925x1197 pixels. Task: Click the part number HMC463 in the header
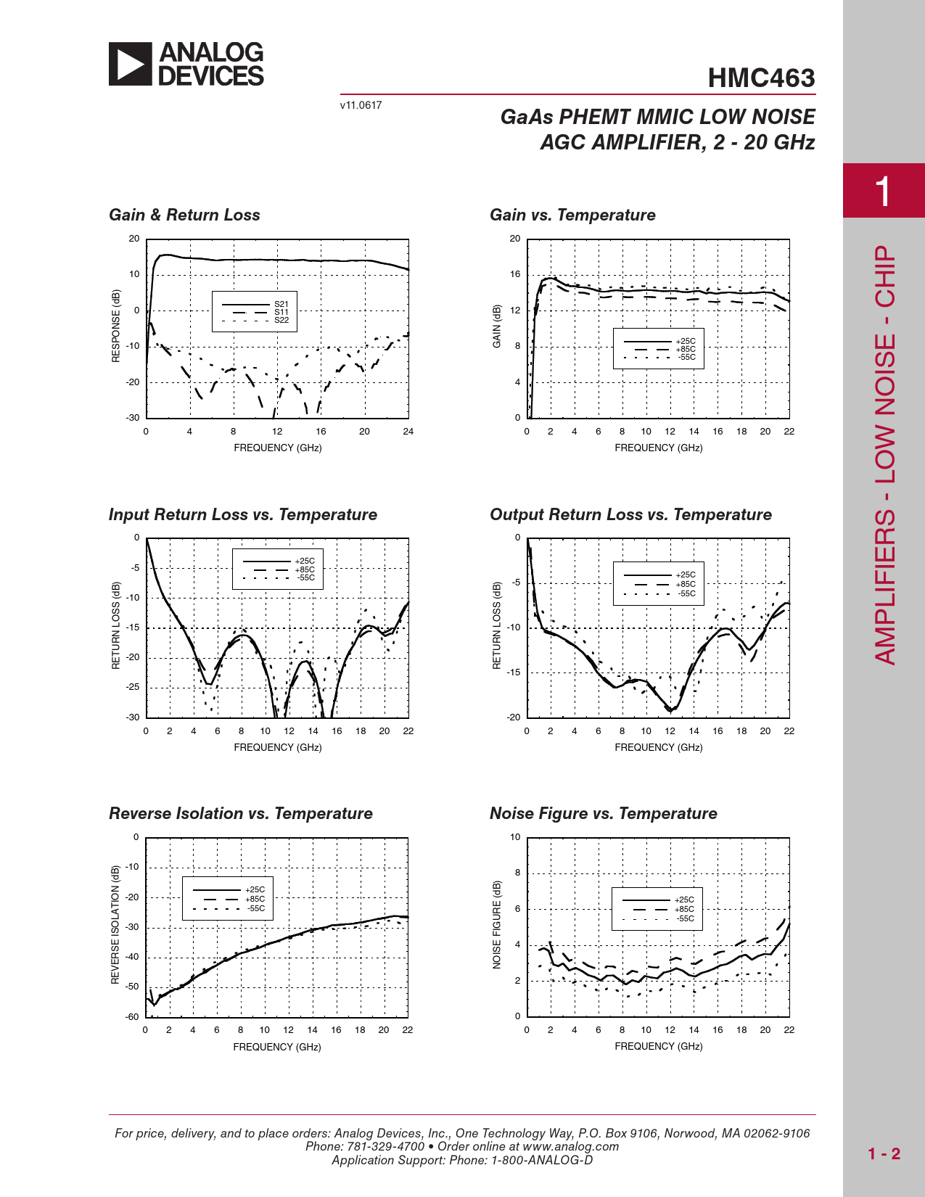point(761,78)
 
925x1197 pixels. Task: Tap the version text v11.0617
point(361,105)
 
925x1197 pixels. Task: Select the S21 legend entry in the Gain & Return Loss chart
point(281,304)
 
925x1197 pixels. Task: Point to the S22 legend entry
point(281,320)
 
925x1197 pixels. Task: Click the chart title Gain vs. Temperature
point(572,215)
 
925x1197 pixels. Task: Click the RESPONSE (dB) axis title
point(116,326)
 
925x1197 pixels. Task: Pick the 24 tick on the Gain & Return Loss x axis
point(408,432)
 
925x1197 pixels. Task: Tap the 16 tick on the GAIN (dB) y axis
point(515,274)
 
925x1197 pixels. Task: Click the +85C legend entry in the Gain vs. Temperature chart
point(685,349)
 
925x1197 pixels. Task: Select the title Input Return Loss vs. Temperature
point(243,514)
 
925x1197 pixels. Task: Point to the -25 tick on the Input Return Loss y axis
point(133,687)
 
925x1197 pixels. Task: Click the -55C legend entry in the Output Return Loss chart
point(686,593)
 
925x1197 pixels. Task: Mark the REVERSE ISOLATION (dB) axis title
point(115,925)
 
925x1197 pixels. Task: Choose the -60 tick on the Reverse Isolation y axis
point(132,1016)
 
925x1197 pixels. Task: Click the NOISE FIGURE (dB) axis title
point(497,924)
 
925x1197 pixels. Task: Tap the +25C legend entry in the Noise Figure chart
point(684,900)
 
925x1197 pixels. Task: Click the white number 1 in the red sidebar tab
point(882,192)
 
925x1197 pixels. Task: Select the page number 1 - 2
point(884,1153)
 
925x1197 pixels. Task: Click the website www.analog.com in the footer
point(570,1146)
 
